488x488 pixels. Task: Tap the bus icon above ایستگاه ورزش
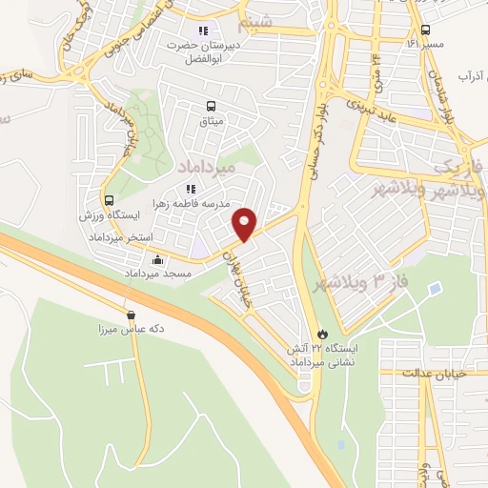point(110,201)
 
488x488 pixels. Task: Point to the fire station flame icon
point(322,334)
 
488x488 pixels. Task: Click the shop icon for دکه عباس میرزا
point(131,315)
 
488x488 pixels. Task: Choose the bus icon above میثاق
point(211,107)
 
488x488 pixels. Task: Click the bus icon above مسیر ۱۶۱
point(425,29)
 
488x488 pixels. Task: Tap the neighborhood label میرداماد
point(205,168)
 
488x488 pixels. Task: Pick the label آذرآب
point(472,73)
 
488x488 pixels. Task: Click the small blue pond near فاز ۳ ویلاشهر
point(435,287)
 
